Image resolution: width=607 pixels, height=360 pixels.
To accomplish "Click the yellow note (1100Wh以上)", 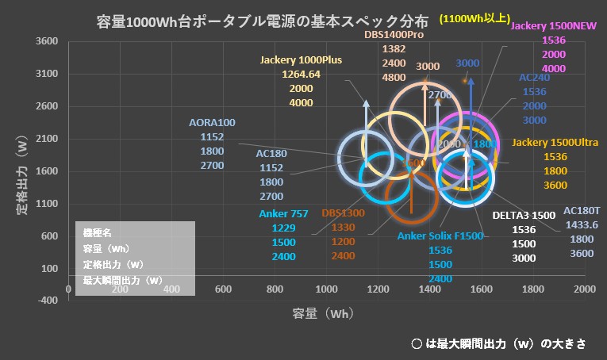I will point(474,18).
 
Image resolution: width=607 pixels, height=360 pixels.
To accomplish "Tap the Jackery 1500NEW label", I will point(554,25).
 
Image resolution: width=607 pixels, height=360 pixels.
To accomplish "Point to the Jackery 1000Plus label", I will point(302,59).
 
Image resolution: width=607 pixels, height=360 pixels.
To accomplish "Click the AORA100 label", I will point(213,123).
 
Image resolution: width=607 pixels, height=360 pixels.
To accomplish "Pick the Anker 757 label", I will point(283,213).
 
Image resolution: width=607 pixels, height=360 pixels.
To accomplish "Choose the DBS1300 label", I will point(344,213).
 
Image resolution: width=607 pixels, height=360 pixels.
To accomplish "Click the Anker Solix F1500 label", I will point(440,236).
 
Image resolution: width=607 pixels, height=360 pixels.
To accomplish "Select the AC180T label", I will point(582,210).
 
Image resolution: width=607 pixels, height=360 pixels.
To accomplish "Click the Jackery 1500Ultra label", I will point(555,143).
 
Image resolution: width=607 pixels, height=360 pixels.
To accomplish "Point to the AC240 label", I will point(534,79).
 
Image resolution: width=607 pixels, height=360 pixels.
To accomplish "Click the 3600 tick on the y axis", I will point(48,42).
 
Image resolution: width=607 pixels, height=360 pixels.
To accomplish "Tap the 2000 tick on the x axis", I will point(585,289).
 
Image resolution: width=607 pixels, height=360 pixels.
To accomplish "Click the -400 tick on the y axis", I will point(48,301).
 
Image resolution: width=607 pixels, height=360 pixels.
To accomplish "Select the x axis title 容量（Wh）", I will point(322,314).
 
